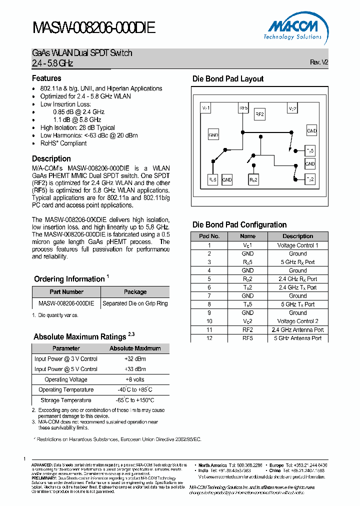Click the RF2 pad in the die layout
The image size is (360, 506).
259,114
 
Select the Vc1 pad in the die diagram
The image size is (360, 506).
205,108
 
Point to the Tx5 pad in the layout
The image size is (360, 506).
310,150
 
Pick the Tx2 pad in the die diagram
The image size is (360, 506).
310,179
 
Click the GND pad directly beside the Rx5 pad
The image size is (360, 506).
227,179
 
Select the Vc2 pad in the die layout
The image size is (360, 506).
292,108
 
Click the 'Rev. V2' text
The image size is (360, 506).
319,62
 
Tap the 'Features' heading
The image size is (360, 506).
46,78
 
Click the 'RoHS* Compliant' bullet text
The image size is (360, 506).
63,143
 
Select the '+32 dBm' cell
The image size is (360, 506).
135,358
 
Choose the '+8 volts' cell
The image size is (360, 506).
135,379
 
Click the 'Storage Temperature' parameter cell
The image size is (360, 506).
66,400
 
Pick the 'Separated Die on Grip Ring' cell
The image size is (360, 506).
135,303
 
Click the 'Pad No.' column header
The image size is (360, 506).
209,236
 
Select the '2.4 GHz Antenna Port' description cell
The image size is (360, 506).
297,329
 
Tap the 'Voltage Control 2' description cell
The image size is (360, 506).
297,321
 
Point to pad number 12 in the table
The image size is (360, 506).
209,338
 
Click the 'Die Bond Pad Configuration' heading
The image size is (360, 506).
239,224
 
